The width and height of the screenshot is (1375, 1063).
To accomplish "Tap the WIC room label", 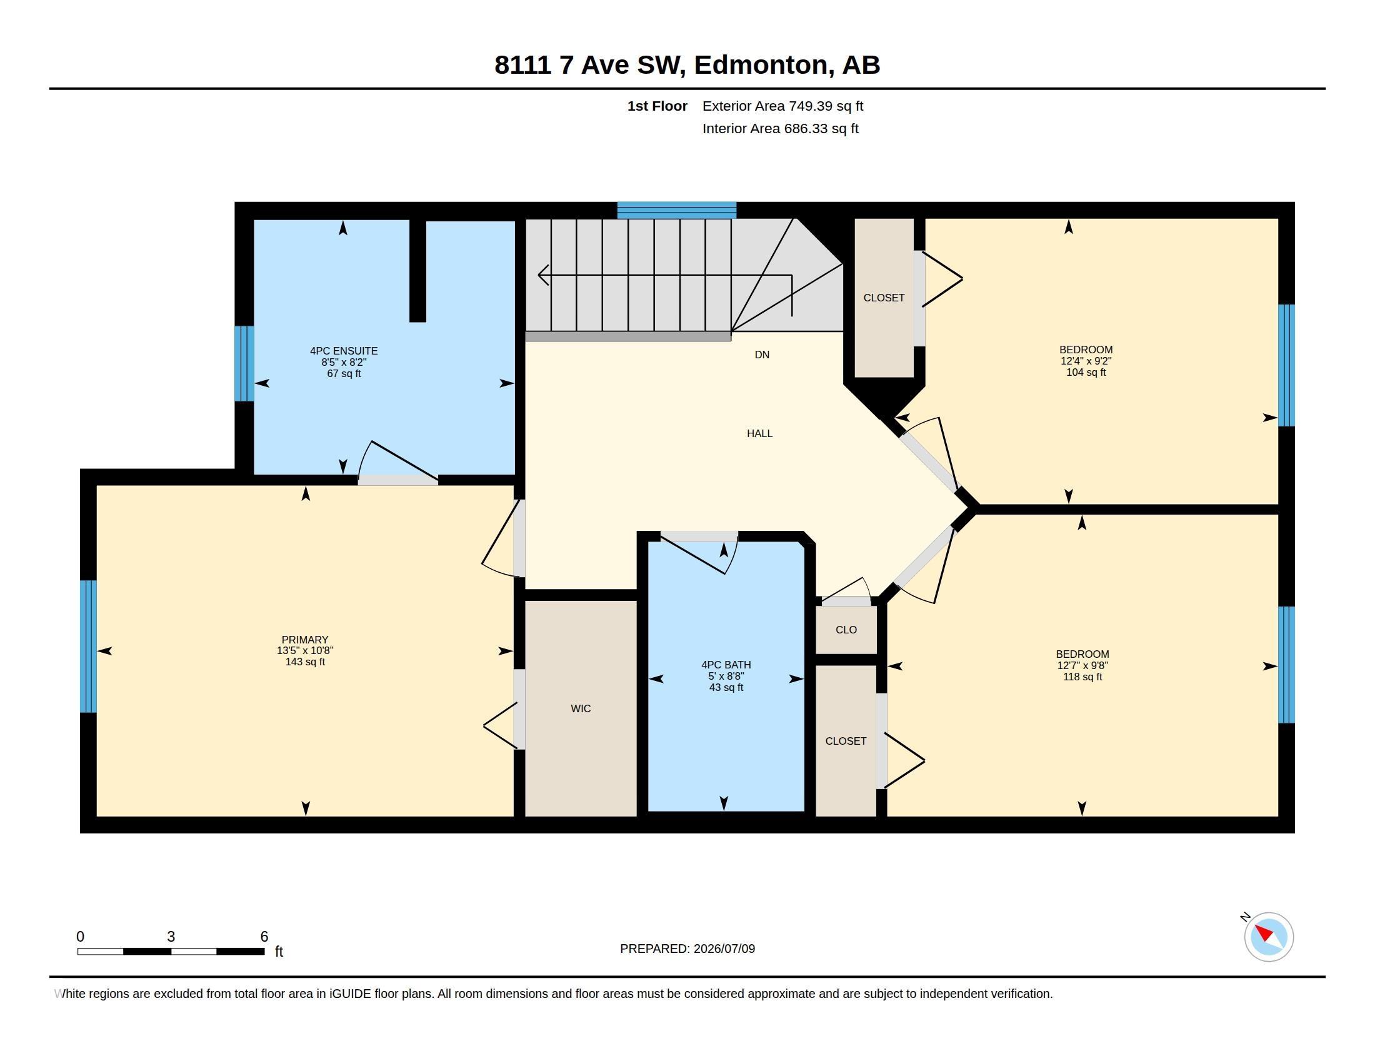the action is (x=581, y=708).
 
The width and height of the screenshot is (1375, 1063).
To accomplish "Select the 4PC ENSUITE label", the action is (x=344, y=351).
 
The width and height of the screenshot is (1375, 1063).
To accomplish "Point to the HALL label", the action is (x=759, y=433).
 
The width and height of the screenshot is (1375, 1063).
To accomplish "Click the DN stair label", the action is (x=762, y=355).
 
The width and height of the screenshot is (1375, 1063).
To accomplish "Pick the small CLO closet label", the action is (x=846, y=630).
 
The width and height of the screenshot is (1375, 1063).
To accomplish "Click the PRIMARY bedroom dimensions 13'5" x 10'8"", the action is (x=305, y=650).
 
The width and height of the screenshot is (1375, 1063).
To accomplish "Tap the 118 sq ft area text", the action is (x=1082, y=677).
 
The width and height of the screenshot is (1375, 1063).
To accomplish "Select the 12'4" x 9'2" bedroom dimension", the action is (x=1086, y=361).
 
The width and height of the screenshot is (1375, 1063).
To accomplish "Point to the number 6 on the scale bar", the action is (x=264, y=937).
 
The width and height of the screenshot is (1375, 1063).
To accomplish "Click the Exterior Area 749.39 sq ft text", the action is (x=782, y=106).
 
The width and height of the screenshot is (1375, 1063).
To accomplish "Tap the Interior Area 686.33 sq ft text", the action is (x=780, y=128).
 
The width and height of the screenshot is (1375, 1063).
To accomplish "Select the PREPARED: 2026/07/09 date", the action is (x=687, y=949).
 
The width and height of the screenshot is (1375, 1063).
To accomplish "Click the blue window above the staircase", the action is (x=676, y=209).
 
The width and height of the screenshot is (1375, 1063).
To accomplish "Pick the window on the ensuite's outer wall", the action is (x=244, y=363).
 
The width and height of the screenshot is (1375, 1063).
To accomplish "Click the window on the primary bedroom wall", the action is (x=88, y=646).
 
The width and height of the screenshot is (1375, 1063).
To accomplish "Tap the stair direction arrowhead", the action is (x=542, y=275).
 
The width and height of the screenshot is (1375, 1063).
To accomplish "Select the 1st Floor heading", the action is (x=657, y=106).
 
